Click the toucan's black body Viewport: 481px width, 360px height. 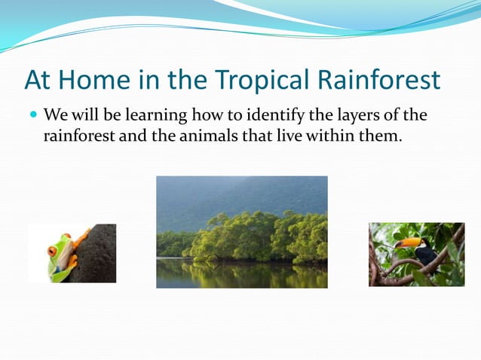click(427, 255)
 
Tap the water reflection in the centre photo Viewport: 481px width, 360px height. click(241, 273)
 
